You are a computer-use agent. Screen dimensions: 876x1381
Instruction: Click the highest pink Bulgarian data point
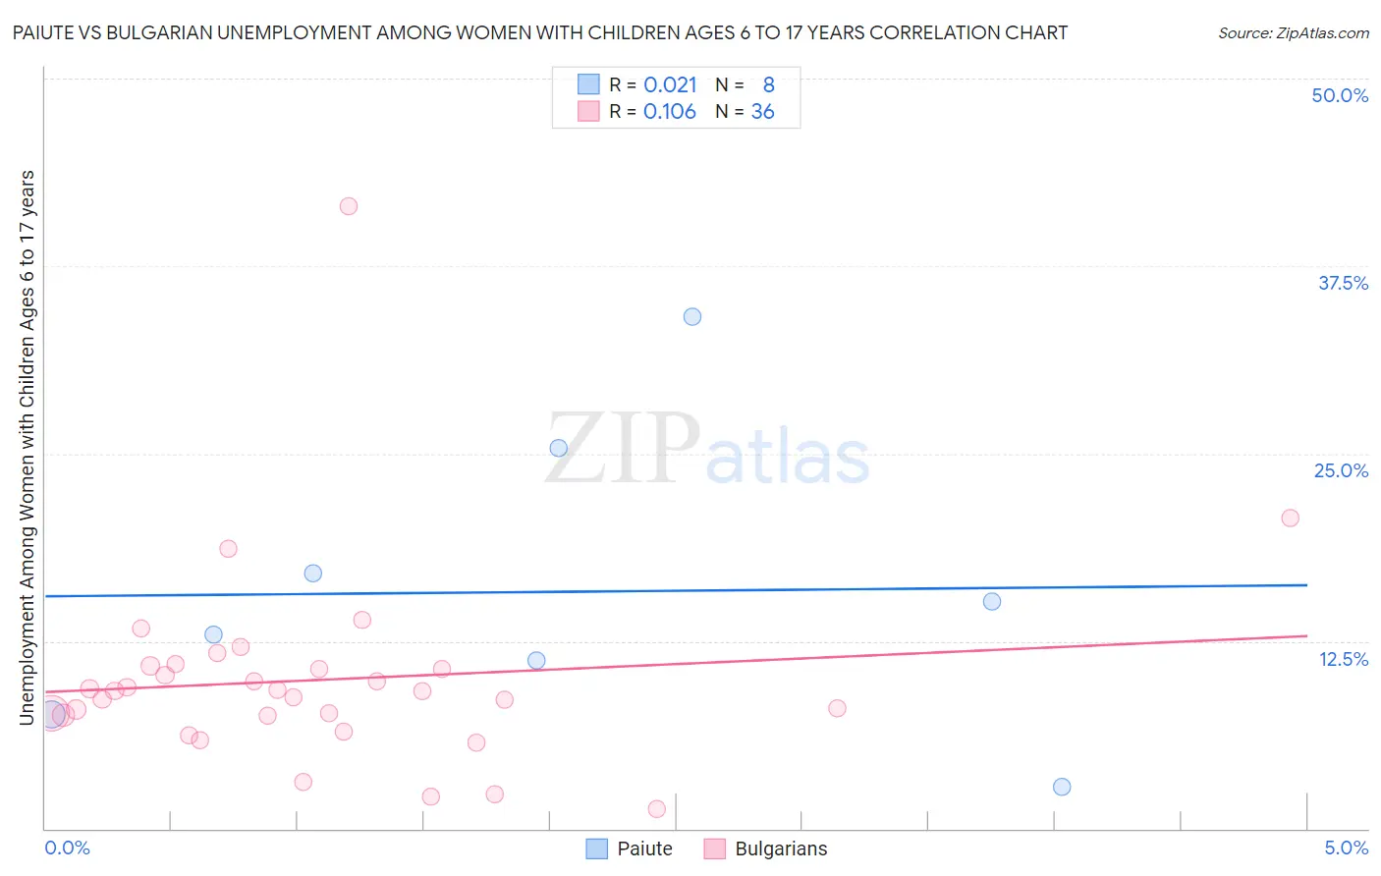pyautogui.click(x=349, y=206)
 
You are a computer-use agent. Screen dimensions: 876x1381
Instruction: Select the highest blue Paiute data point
pyautogui.click(x=692, y=316)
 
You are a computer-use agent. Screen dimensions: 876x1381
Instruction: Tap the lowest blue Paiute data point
pyautogui.click(x=1062, y=787)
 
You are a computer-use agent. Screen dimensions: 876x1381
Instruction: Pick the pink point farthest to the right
pyautogui.click(x=1291, y=518)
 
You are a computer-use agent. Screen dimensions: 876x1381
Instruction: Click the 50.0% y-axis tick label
pyautogui.click(x=1340, y=95)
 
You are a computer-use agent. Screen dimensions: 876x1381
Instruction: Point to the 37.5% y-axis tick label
pyautogui.click(x=1343, y=283)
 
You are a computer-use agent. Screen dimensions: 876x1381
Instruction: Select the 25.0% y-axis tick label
pyautogui.click(x=1341, y=470)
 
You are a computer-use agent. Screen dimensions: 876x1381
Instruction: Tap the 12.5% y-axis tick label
pyautogui.click(x=1343, y=659)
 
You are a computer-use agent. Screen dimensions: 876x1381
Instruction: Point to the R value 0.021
pyautogui.click(x=670, y=85)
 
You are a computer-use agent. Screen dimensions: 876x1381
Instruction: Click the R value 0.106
pyautogui.click(x=670, y=112)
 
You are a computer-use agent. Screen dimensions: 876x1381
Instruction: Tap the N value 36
pyautogui.click(x=763, y=112)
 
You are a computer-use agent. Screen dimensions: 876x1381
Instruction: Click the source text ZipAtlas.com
pyautogui.click(x=1322, y=33)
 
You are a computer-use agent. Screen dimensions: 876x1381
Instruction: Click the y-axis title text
pyautogui.click(x=28, y=448)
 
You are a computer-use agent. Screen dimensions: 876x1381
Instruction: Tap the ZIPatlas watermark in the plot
pyautogui.click(x=707, y=451)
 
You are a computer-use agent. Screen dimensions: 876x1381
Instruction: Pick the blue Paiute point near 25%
pyautogui.click(x=559, y=448)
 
